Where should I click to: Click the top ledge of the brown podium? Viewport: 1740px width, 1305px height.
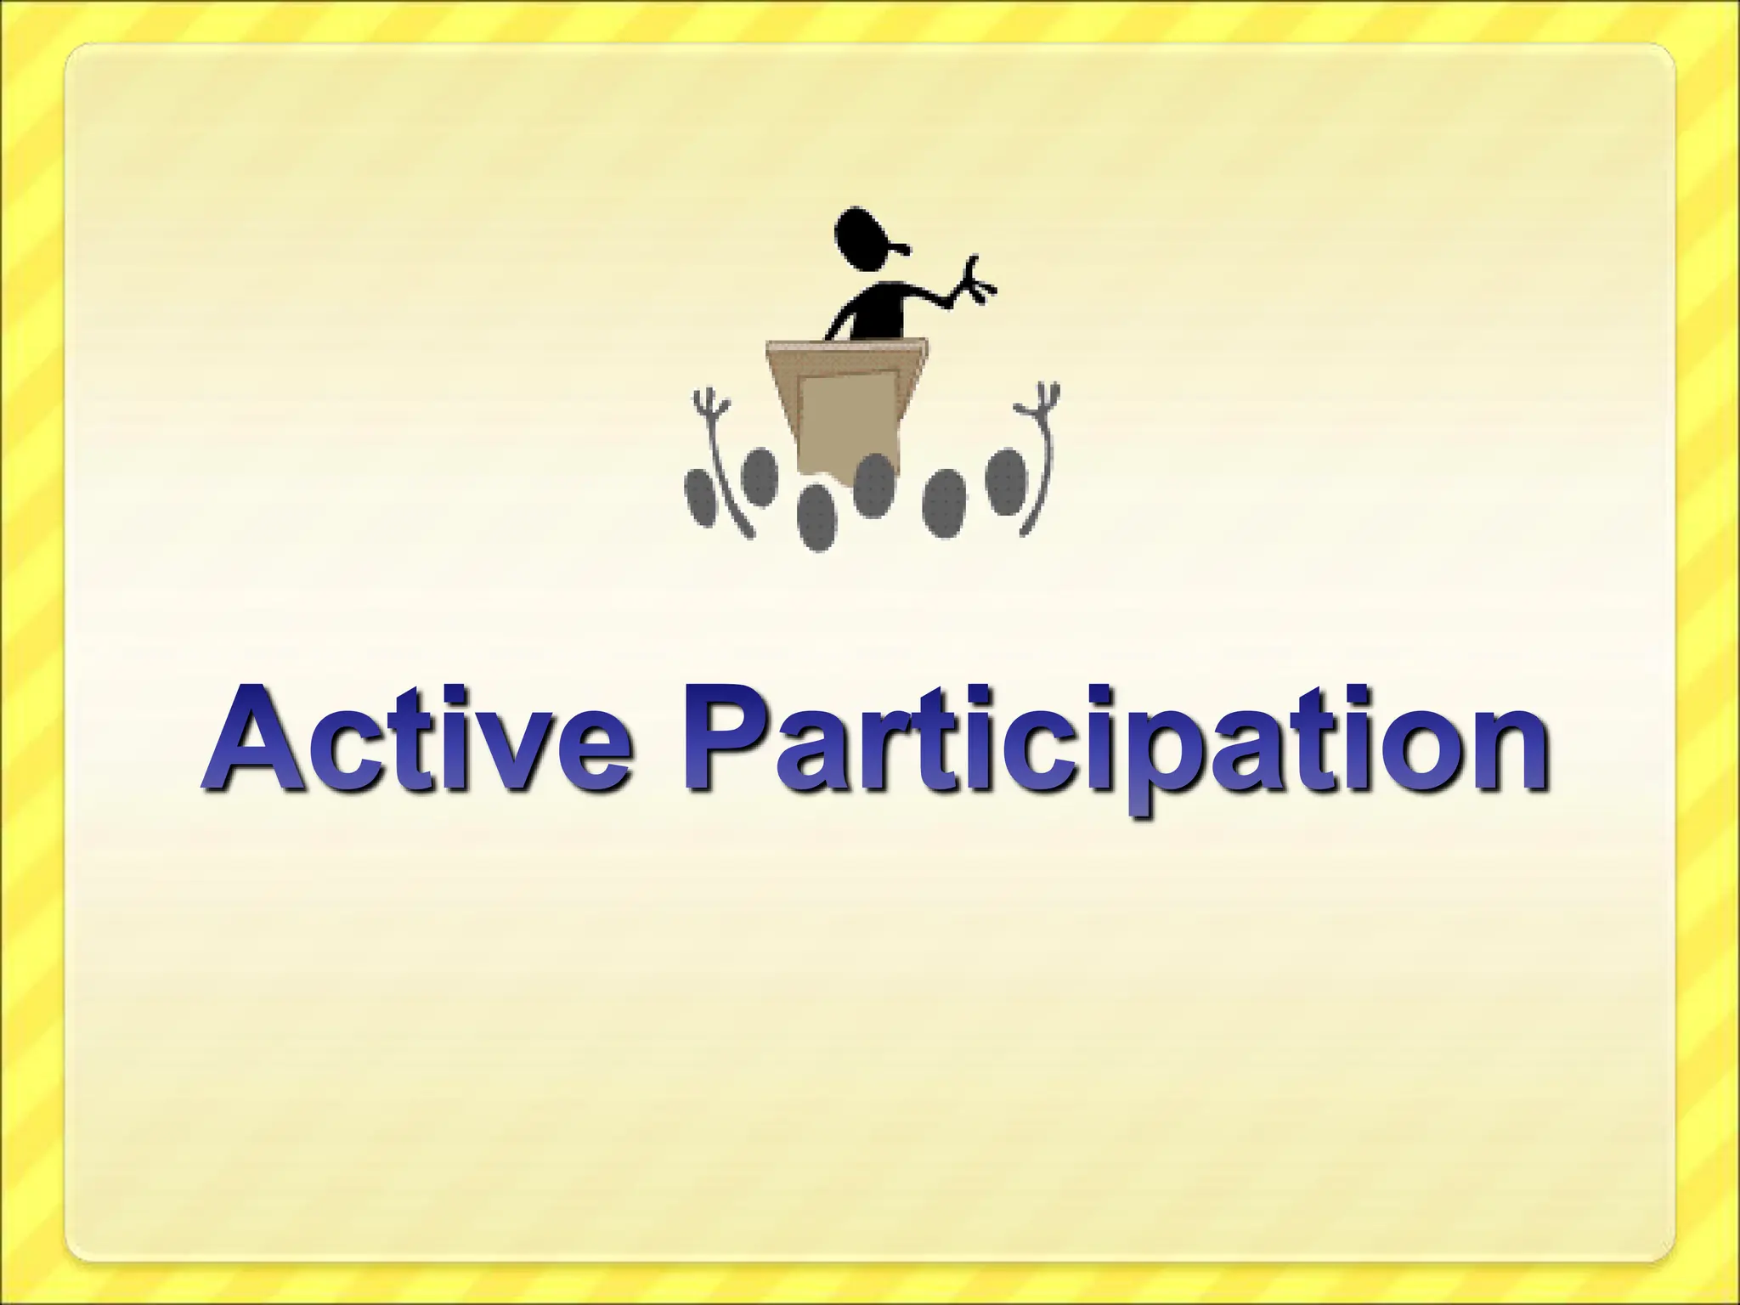845,345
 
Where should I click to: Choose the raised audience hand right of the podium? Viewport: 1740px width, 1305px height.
1040,399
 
